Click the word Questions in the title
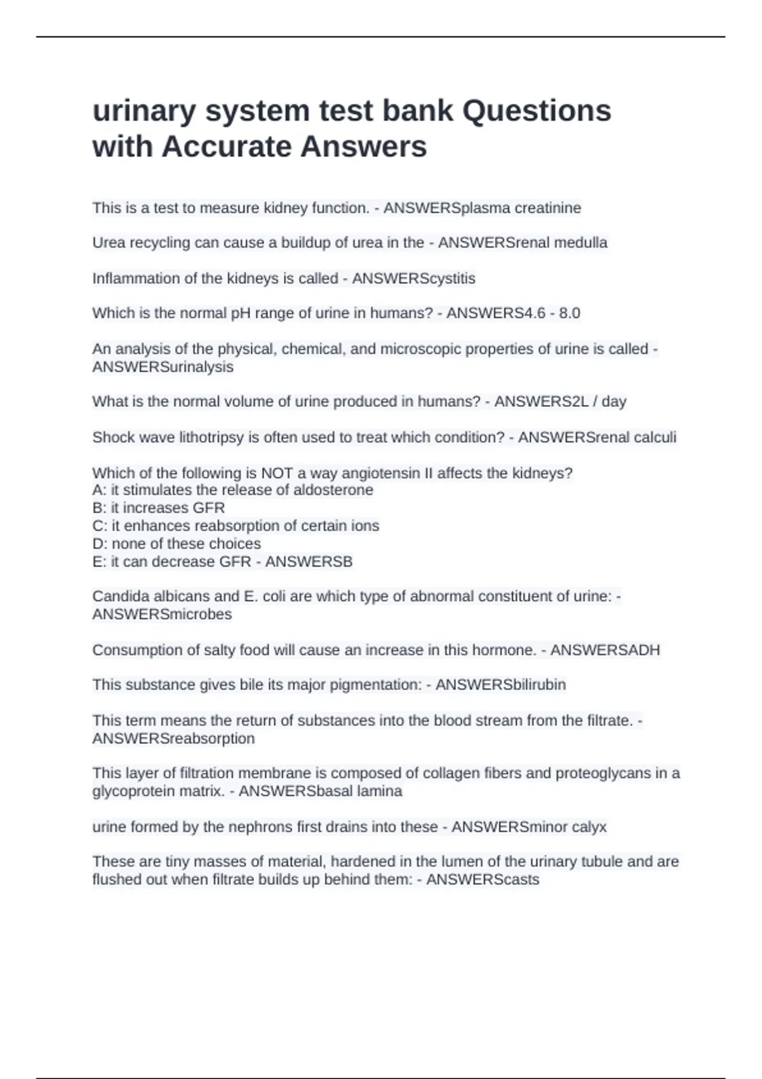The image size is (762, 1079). tap(537, 111)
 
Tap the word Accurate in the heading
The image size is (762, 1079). tap(231, 147)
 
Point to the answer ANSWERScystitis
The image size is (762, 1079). tap(413, 279)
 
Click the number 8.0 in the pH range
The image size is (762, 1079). tap(569, 313)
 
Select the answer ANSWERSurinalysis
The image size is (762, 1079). tap(163, 367)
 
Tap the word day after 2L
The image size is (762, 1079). tap(613, 402)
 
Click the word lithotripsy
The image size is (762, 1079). tap(205, 437)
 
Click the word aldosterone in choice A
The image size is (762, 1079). tap(333, 490)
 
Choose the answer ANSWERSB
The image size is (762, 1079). tap(309, 562)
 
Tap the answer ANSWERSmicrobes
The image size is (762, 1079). tap(162, 614)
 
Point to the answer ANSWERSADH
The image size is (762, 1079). tap(605, 650)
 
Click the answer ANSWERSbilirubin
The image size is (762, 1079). tap(500, 685)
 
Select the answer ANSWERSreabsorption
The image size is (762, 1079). tap(173, 739)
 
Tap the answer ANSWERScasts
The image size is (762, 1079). tap(483, 880)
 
